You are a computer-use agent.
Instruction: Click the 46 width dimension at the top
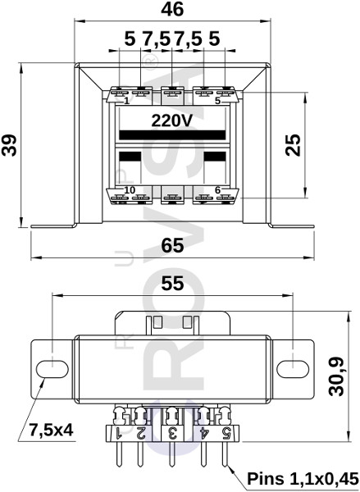tap(172, 9)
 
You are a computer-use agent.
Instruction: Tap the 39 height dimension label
tap(9, 145)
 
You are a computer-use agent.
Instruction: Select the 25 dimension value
tap(293, 145)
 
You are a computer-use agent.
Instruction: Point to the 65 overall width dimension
tap(172, 245)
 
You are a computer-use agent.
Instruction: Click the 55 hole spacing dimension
tap(172, 284)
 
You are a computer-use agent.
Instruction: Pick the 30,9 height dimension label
tap(336, 376)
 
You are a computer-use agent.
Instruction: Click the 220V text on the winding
tap(171, 121)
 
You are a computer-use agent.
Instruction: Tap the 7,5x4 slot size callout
tap(51, 430)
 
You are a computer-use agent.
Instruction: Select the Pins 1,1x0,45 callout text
tap(303, 479)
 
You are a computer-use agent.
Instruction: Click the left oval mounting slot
tap(52, 369)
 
